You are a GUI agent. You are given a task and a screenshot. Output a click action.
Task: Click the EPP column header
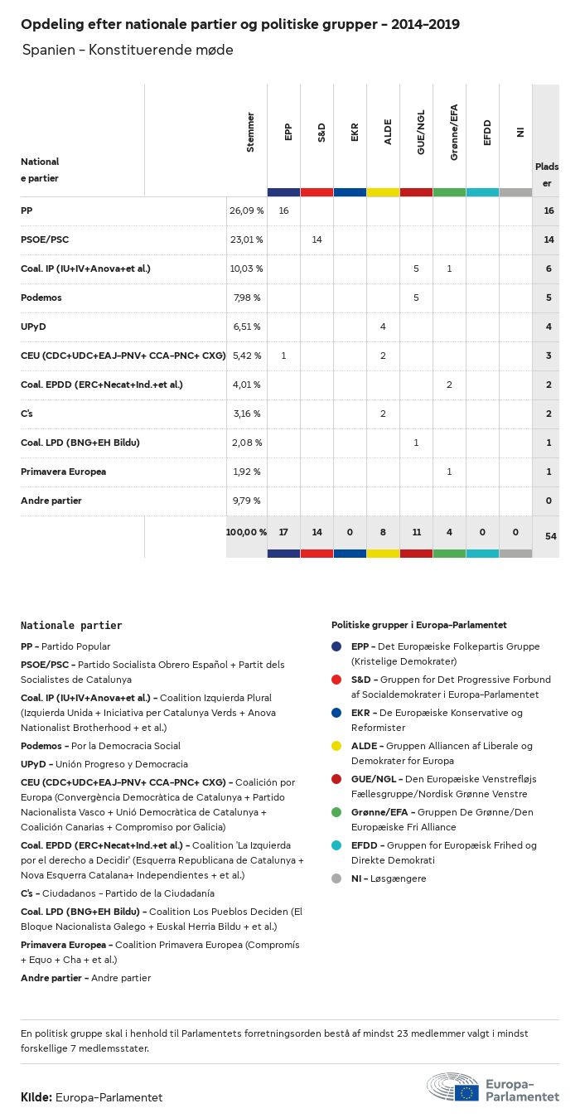click(288, 132)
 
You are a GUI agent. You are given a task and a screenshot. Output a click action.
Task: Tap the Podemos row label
click(41, 298)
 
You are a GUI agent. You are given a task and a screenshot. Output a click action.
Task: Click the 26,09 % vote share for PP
click(246, 211)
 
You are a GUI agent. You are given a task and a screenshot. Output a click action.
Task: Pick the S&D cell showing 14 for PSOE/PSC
click(317, 240)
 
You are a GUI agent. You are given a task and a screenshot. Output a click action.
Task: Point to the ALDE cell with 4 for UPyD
click(383, 327)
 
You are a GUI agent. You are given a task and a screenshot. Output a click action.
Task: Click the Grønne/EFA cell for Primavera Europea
click(449, 472)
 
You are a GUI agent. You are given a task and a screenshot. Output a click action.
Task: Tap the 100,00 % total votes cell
click(246, 532)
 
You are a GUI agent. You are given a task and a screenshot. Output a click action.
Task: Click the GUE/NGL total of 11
click(416, 532)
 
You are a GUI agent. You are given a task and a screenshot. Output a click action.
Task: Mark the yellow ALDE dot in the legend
click(336, 746)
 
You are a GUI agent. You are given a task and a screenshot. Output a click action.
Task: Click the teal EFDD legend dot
click(336, 845)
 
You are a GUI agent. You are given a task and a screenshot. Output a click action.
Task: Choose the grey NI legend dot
click(336, 878)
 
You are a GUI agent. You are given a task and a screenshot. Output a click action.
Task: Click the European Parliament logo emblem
click(452, 1087)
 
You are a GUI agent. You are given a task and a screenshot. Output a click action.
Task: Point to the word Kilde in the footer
click(36, 1097)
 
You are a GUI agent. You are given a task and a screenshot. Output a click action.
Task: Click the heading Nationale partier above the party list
click(71, 626)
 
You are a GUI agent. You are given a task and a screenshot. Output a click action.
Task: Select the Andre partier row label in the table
click(51, 501)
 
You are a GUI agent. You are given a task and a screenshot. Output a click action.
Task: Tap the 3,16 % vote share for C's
click(245, 414)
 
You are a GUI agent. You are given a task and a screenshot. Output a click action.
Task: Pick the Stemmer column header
click(250, 132)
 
